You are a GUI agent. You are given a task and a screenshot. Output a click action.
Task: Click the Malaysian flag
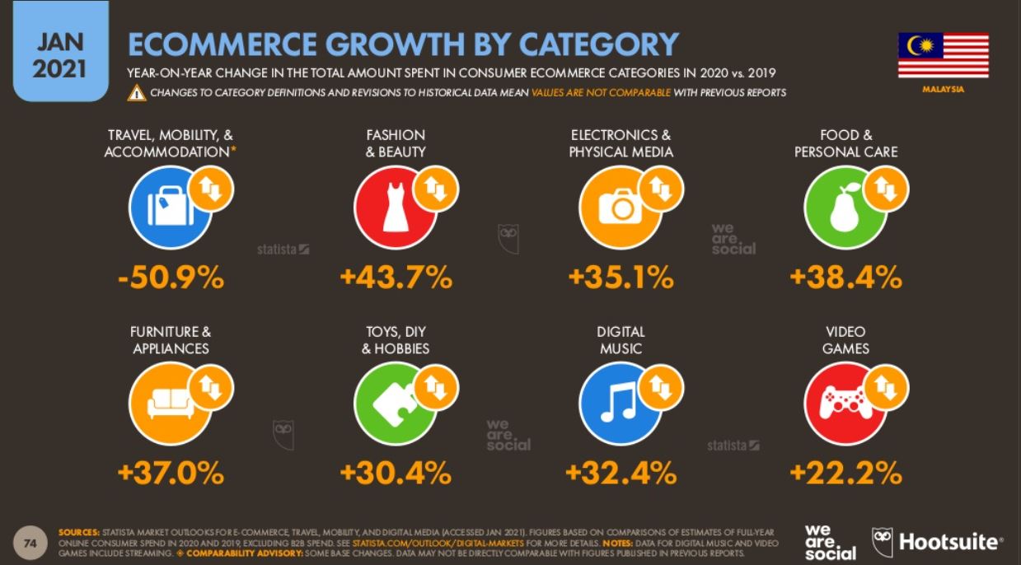(x=943, y=55)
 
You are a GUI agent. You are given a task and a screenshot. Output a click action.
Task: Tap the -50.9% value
(x=171, y=278)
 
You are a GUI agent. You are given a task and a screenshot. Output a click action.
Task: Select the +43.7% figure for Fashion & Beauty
(x=396, y=278)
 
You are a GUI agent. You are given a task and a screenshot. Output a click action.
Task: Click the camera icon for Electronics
(x=620, y=207)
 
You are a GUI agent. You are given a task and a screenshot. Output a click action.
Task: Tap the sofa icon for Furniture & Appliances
(x=170, y=403)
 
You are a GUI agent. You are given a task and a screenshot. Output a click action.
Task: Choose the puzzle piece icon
(x=394, y=404)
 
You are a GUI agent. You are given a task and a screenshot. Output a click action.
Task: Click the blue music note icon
(x=619, y=404)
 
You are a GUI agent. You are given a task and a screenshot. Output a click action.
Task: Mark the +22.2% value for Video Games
(x=845, y=473)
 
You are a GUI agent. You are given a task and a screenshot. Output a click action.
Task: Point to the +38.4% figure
(x=845, y=278)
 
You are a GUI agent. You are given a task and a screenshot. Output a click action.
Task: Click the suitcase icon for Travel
(x=170, y=207)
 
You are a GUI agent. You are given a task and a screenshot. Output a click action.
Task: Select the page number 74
(x=30, y=543)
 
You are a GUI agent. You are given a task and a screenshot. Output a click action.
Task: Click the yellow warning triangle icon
(x=136, y=93)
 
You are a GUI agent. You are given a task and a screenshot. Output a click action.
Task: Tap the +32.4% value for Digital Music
(x=621, y=473)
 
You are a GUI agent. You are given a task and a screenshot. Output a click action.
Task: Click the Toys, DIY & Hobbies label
(x=396, y=340)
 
